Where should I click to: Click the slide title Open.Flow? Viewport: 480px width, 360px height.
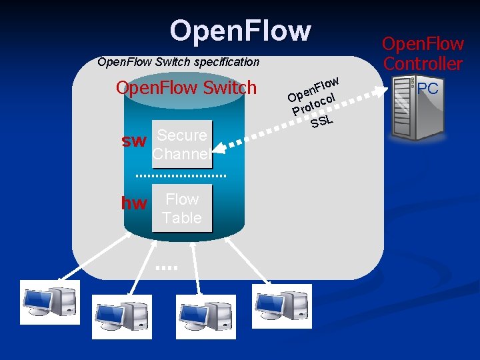[x=240, y=31]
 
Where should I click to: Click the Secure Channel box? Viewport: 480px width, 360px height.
[x=181, y=145]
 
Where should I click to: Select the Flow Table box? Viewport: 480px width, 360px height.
[x=182, y=209]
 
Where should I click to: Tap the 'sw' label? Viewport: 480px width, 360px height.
[x=133, y=141]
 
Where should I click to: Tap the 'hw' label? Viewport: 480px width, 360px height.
[x=134, y=203]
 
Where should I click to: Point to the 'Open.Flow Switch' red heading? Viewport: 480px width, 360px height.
[x=186, y=88]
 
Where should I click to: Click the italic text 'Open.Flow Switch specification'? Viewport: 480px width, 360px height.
[x=178, y=62]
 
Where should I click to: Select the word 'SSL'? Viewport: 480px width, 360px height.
[x=322, y=120]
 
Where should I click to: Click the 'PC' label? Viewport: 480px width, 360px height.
[x=428, y=88]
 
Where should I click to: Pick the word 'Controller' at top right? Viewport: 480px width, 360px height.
[x=423, y=64]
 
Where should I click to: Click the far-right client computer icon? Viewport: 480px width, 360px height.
[x=281, y=306]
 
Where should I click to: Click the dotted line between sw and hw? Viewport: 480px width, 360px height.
[x=181, y=175]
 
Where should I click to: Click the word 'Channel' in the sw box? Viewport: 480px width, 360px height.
[x=181, y=154]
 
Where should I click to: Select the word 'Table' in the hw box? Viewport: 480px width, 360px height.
[x=182, y=218]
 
